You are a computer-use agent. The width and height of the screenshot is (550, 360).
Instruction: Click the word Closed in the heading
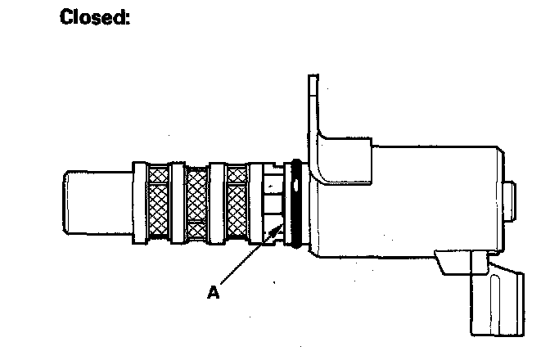click(x=95, y=17)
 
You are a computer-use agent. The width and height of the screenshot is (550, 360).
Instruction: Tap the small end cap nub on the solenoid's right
click(x=512, y=201)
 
